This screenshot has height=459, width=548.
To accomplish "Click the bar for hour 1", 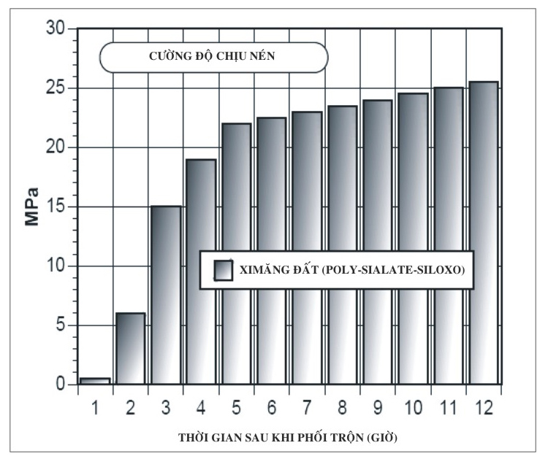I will [x=95, y=380].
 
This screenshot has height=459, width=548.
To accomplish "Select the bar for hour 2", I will [x=130, y=348].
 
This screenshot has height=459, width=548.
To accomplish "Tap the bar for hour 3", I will [x=165, y=295].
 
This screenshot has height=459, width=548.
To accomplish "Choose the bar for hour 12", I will [x=482, y=232].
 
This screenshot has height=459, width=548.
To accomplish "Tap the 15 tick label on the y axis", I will [x=55, y=207].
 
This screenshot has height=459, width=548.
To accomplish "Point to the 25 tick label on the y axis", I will [x=55, y=88].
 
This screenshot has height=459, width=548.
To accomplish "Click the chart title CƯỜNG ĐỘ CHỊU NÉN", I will [x=213, y=57].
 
